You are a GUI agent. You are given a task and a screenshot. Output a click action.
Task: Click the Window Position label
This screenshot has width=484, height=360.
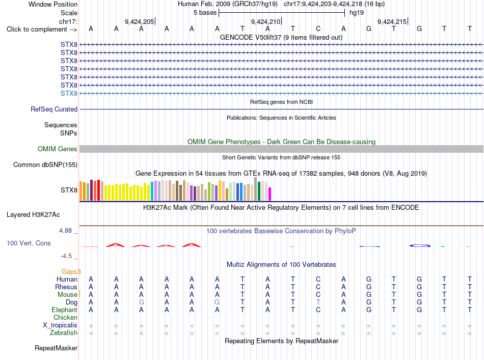(53, 4)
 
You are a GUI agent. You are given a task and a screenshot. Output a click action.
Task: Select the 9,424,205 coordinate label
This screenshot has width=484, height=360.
(139, 21)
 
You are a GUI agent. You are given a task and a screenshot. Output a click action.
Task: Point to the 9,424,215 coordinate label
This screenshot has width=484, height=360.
(392, 21)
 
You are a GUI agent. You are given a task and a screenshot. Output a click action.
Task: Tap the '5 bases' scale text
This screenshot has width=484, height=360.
(205, 13)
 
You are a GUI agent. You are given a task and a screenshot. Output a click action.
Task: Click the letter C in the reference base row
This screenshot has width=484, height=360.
(318, 29)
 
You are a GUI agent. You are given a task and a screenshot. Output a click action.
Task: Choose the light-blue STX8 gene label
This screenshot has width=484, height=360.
(69, 94)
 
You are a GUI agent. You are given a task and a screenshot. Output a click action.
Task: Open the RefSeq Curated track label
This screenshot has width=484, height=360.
(54, 109)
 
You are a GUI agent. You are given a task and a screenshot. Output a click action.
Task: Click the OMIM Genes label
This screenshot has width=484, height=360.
(58, 149)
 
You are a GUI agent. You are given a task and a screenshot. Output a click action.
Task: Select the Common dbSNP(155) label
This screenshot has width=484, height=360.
(45, 165)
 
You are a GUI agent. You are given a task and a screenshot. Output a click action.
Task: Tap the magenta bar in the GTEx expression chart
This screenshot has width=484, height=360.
(270, 194)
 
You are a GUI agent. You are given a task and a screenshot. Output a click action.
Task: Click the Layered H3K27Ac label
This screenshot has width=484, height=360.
(33, 215)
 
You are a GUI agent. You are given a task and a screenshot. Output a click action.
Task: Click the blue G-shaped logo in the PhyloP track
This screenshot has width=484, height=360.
(420, 245)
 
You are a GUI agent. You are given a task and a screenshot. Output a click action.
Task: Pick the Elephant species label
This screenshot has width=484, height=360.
(65, 310)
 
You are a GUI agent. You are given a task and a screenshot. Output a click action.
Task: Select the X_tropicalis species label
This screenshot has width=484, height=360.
(60, 325)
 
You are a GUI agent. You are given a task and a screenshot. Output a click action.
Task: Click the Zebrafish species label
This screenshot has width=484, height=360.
(64, 333)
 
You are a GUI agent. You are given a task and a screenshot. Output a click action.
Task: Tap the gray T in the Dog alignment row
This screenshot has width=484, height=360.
(318, 302)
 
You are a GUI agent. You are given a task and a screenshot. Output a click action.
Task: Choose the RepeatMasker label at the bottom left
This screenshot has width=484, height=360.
(56, 348)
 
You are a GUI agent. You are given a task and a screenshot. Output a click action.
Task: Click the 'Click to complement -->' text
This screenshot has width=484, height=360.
(42, 30)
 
